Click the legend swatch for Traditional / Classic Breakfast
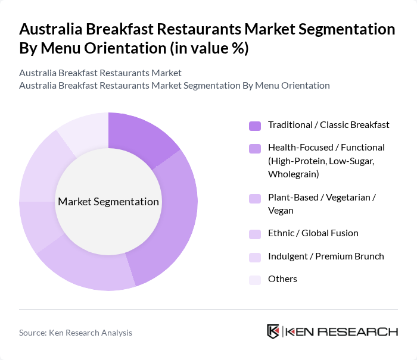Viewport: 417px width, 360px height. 254,126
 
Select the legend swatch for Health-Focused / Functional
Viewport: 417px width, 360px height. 254,148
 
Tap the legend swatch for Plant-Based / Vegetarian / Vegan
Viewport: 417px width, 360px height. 254,198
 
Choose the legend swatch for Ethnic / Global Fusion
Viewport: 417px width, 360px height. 254,234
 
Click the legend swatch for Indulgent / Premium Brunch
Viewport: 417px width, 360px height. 254,257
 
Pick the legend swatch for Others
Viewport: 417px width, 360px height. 254,280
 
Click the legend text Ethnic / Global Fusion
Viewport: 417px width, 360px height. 313,233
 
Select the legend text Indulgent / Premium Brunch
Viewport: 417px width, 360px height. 326,256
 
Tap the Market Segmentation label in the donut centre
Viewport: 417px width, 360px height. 108,202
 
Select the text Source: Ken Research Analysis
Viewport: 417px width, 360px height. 76,333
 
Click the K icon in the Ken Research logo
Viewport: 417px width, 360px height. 273,331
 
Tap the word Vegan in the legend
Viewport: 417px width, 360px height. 281,211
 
